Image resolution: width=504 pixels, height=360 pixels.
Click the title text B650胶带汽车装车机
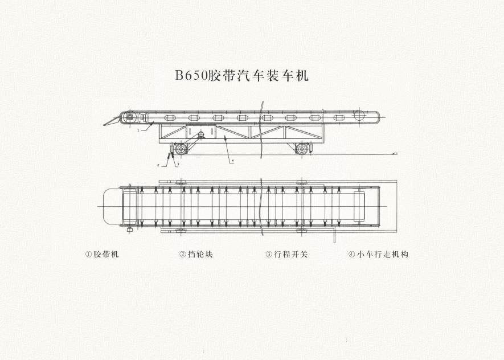pyautogui.click(x=241, y=75)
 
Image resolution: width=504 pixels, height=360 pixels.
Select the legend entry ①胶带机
pyautogui.click(x=102, y=254)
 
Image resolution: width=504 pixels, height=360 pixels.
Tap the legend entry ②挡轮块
pyautogui.click(x=196, y=254)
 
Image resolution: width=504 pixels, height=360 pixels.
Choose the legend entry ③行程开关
pyautogui.click(x=286, y=254)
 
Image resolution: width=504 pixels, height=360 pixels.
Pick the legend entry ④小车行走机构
pyautogui.click(x=378, y=254)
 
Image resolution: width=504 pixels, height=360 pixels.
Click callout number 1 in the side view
pyautogui.click(x=138, y=130)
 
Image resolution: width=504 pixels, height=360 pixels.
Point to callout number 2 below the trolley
pyautogui.click(x=158, y=165)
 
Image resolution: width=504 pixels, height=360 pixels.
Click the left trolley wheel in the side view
pyautogui.click(x=181, y=149)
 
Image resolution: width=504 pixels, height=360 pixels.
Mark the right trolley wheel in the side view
pyautogui.click(x=301, y=149)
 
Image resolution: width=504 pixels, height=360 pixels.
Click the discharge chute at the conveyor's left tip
pyautogui.click(x=112, y=121)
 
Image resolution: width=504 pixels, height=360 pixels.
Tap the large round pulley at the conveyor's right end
pyautogui.click(x=359, y=115)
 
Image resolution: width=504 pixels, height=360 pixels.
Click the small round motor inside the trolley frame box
pyautogui.click(x=201, y=134)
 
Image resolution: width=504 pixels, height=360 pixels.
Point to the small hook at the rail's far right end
pyautogui.click(x=395, y=154)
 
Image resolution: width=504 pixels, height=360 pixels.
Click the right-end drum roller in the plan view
pyautogui.click(x=359, y=206)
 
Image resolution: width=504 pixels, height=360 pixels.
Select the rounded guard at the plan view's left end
pyautogui.click(x=113, y=206)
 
